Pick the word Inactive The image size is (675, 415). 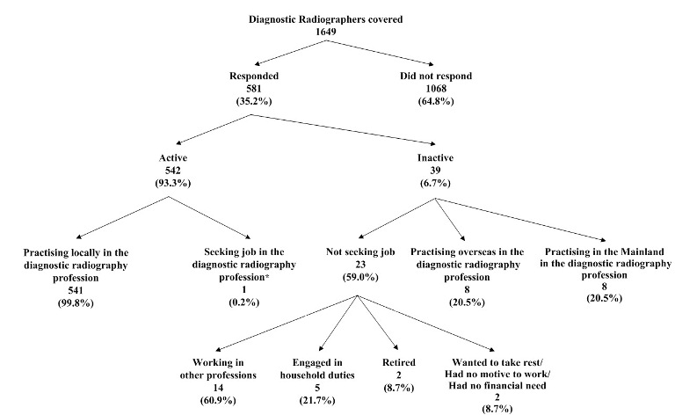click(437, 159)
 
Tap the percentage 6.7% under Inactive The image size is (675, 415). click(437, 185)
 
